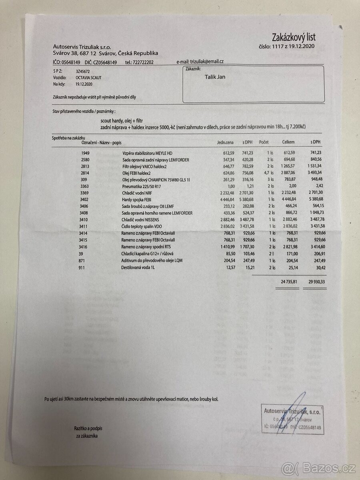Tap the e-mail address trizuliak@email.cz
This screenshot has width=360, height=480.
point(206,62)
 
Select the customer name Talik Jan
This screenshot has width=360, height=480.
point(215,77)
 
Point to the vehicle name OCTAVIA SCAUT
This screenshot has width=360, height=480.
point(88,78)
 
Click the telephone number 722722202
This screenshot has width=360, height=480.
point(139,62)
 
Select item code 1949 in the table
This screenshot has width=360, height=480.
point(86,153)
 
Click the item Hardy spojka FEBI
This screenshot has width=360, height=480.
point(138,200)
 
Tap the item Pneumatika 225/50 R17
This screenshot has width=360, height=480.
point(142,186)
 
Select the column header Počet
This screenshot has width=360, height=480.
point(264,142)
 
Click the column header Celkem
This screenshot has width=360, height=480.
point(288,142)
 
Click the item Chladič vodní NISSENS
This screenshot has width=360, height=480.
point(141,220)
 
